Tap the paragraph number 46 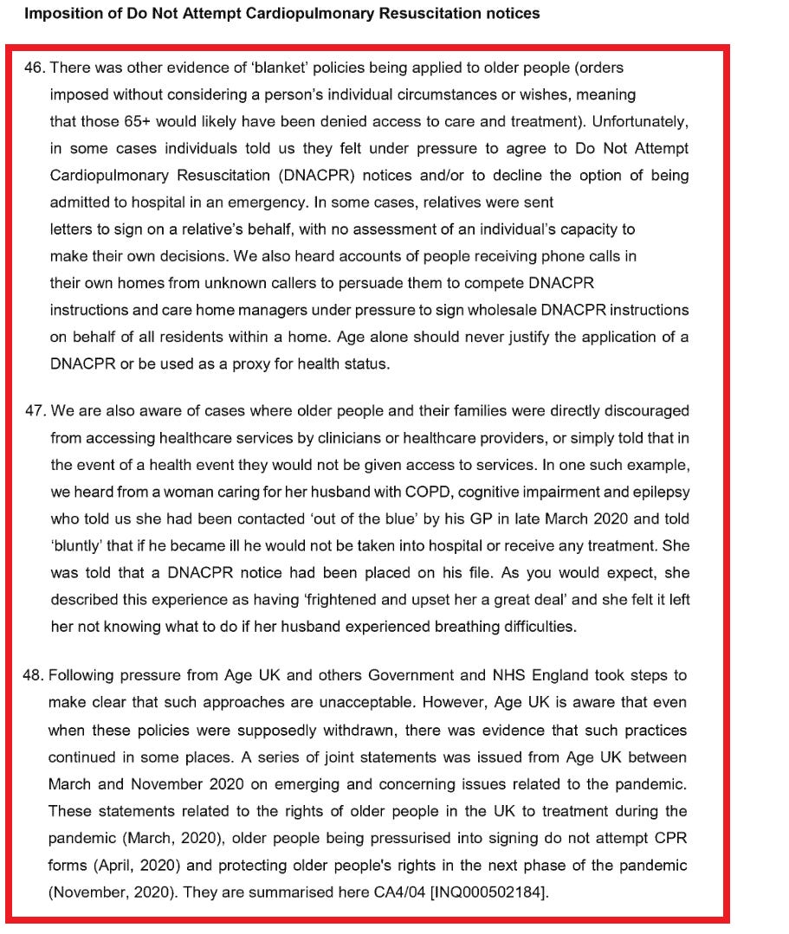(34, 68)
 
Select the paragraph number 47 (35, 410)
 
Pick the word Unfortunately (637, 121)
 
